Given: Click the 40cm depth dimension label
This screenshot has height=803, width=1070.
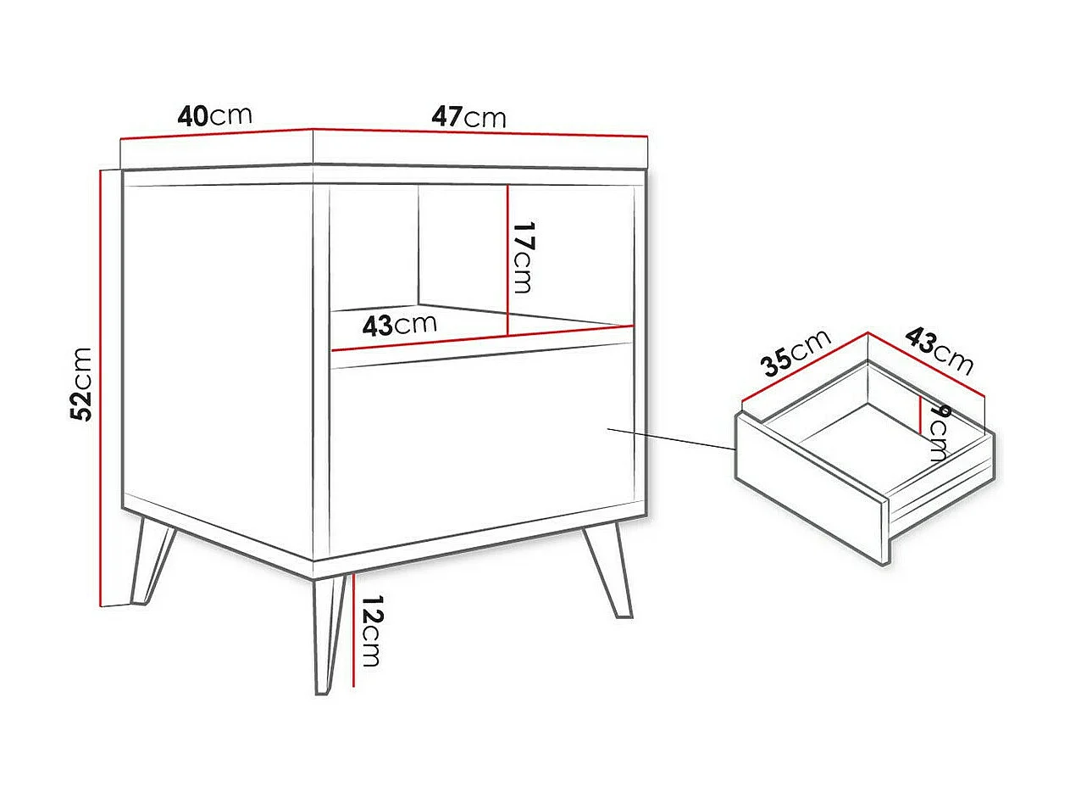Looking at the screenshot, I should (214, 115).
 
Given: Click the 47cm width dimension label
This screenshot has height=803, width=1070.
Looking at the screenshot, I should (468, 116).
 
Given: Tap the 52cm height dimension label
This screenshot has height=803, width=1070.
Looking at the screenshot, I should (82, 383).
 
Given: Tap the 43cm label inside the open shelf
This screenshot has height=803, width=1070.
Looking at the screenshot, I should (400, 324).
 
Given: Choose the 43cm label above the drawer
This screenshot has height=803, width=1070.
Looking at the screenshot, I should (939, 350).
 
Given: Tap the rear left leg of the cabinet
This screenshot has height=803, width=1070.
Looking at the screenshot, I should (152, 560).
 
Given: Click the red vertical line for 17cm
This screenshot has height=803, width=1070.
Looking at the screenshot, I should (507, 259).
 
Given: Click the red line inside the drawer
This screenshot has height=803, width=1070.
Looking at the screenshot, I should (921, 414).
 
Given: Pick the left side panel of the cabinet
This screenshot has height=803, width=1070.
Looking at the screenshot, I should (218, 356).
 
